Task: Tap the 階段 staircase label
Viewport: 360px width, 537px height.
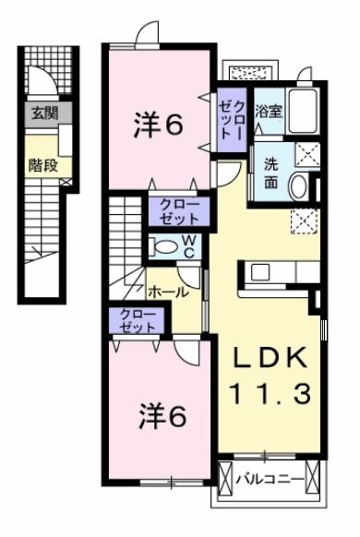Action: click(41, 167)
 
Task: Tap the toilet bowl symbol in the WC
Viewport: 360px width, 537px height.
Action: click(163, 246)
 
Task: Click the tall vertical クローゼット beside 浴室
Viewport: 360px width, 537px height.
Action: click(230, 119)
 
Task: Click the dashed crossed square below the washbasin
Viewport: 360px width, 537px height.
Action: click(302, 220)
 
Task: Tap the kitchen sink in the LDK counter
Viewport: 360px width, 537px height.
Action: click(258, 272)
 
